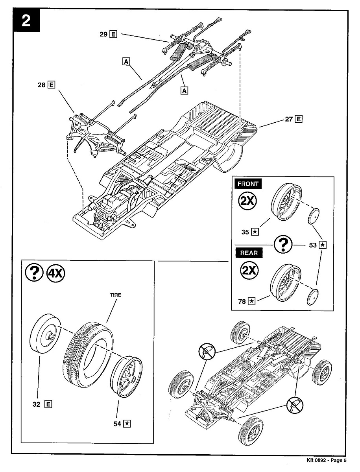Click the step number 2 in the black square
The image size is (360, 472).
coord(26,21)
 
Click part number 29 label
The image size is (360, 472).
coord(104,34)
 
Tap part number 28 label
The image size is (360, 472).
coord(42,84)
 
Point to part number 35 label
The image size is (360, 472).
coord(245,232)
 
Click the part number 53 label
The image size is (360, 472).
coord(313,245)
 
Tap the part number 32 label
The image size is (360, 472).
coord(36,404)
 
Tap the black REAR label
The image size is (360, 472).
coord(249,253)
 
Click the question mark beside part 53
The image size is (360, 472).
coord(282,245)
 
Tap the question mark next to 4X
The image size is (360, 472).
coord(34,272)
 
